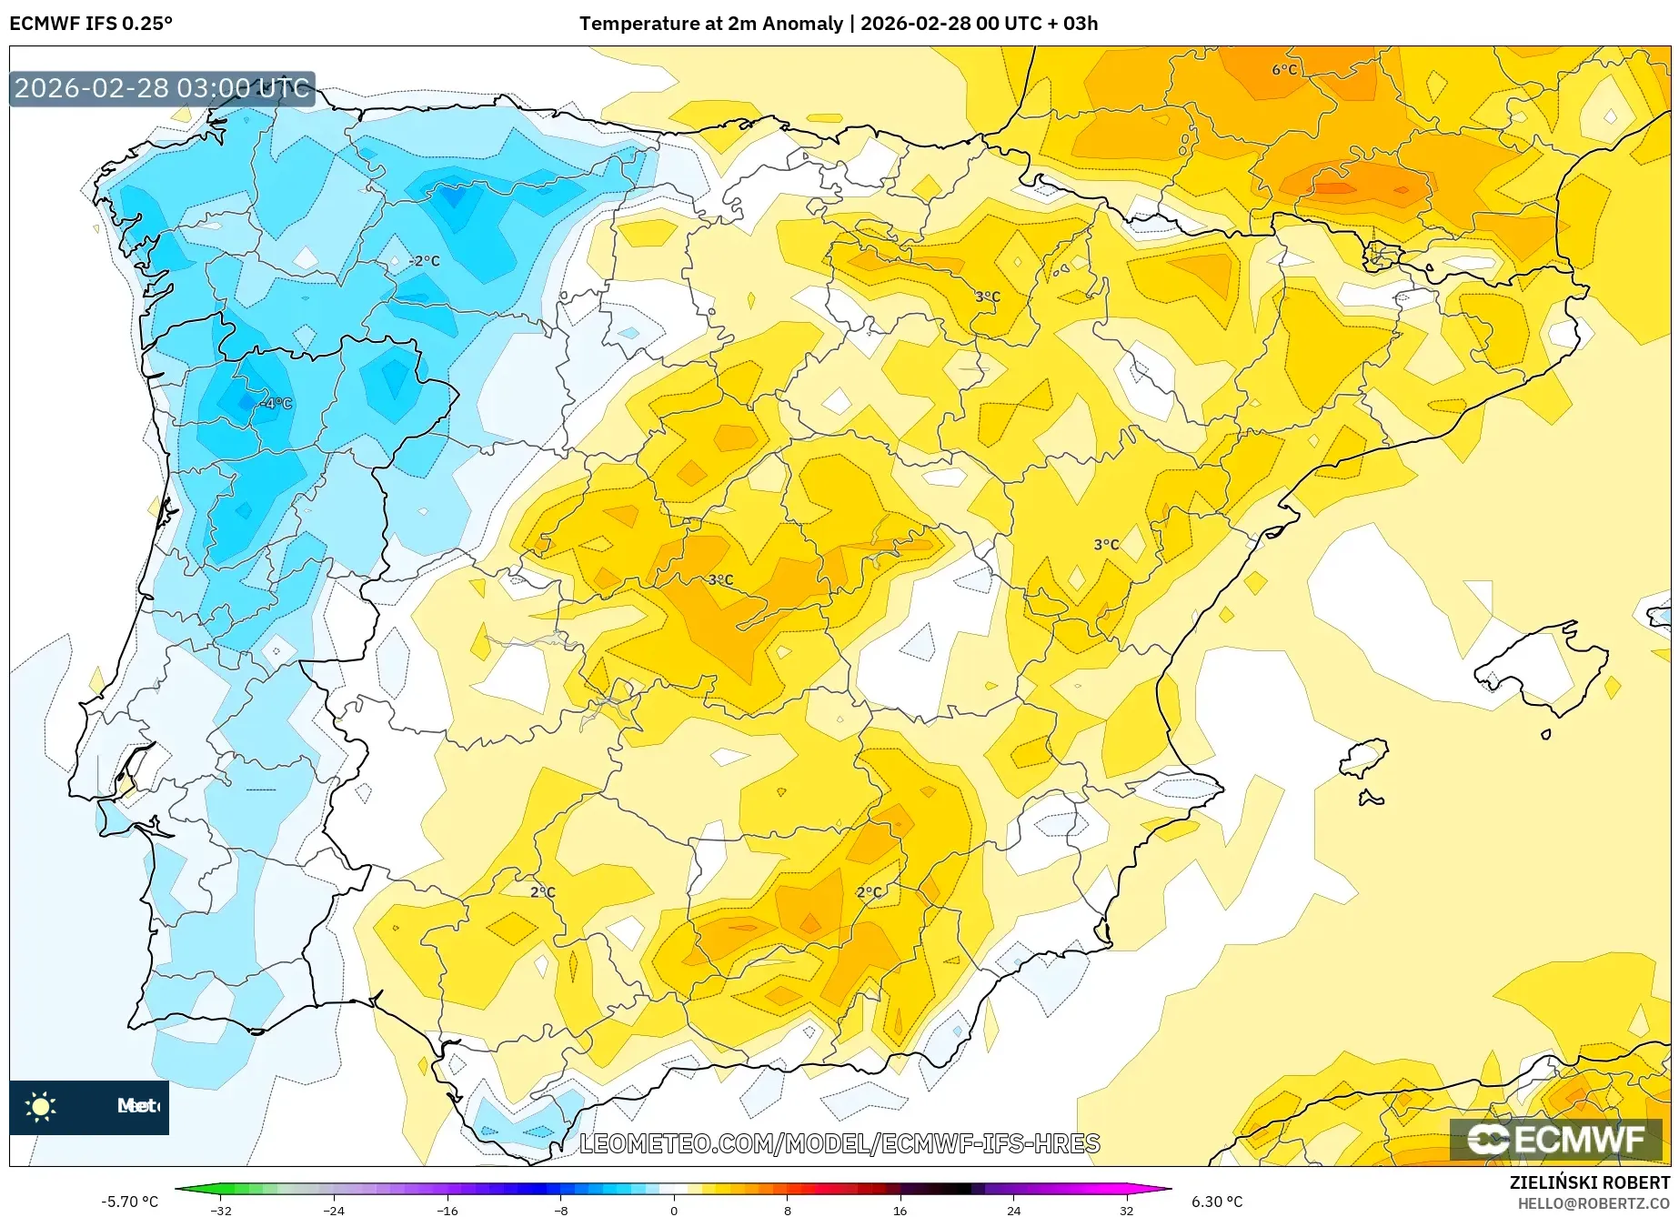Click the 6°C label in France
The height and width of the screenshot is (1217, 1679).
click(x=1283, y=70)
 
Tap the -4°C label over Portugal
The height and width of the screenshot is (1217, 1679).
click(x=276, y=403)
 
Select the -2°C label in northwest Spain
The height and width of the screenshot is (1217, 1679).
click(x=424, y=261)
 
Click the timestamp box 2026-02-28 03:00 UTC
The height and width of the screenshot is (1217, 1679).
click(x=162, y=88)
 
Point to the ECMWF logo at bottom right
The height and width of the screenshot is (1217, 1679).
click(x=1555, y=1139)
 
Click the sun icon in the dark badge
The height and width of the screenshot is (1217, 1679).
click(x=40, y=1106)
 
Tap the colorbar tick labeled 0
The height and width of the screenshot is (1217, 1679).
click(x=674, y=1210)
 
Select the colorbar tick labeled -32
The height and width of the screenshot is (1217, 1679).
click(x=221, y=1210)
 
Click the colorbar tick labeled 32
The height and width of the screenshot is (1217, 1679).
click(x=1126, y=1210)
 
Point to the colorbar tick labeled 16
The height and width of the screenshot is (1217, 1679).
click(x=900, y=1210)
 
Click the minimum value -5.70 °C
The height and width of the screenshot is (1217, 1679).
click(x=129, y=1202)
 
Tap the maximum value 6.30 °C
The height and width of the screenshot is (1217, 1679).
click(x=1216, y=1202)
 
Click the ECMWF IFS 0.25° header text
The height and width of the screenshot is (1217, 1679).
click(x=91, y=24)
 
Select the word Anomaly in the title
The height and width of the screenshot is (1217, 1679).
click(x=802, y=24)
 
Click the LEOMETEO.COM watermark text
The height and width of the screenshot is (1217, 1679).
click(x=839, y=1143)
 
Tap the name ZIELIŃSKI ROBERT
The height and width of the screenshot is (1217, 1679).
click(x=1589, y=1183)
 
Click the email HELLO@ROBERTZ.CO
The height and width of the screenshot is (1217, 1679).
click(x=1594, y=1203)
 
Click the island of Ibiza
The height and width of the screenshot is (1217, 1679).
click(x=1362, y=757)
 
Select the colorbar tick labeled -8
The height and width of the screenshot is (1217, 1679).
click(x=561, y=1210)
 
